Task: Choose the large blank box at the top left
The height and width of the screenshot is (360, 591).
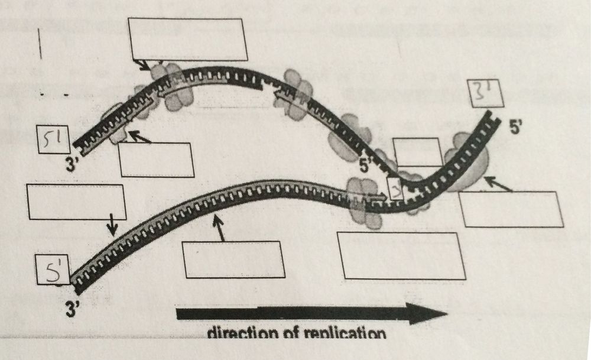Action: pos(187,39)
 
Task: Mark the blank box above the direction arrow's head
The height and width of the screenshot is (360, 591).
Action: pos(400,255)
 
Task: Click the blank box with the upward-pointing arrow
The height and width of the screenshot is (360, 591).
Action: pos(231,260)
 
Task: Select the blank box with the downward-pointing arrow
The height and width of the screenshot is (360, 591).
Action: pos(76,202)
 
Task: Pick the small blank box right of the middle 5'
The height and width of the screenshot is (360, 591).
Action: pos(418,152)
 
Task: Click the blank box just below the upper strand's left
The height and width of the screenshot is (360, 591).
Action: pos(156,160)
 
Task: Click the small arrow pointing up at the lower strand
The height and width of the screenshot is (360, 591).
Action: pos(221,228)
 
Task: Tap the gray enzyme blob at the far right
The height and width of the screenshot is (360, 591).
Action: pos(470,163)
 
